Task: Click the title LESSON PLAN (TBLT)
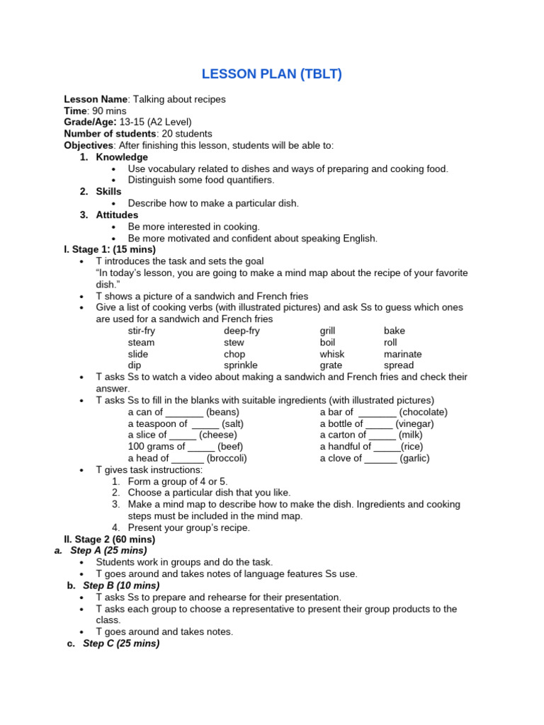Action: pyautogui.click(x=272, y=74)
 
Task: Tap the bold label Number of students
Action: pyautogui.click(x=110, y=133)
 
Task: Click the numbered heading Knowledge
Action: pyautogui.click(x=122, y=156)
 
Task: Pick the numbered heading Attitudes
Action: pyautogui.click(x=117, y=215)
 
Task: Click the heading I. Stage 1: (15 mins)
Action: pyautogui.click(x=110, y=249)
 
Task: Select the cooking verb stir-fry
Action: pyautogui.click(x=141, y=331)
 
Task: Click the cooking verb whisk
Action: pyautogui.click(x=332, y=354)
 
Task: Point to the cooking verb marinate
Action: pyautogui.click(x=402, y=354)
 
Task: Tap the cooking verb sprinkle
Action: pyautogui.click(x=241, y=365)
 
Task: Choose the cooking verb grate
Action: pyautogui.click(x=331, y=365)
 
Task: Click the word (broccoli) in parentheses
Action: pyautogui.click(x=227, y=458)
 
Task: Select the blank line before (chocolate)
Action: pyautogui.click(x=377, y=412)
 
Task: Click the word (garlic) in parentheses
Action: pyautogui.click(x=414, y=458)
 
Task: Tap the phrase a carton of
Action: pyautogui.click(x=343, y=435)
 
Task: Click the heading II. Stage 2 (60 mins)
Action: pyautogui.click(x=110, y=540)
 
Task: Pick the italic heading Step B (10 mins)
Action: pyautogui.click(x=121, y=586)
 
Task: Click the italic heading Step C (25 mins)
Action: pyautogui.click(x=121, y=644)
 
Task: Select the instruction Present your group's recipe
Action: pyautogui.click(x=189, y=527)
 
